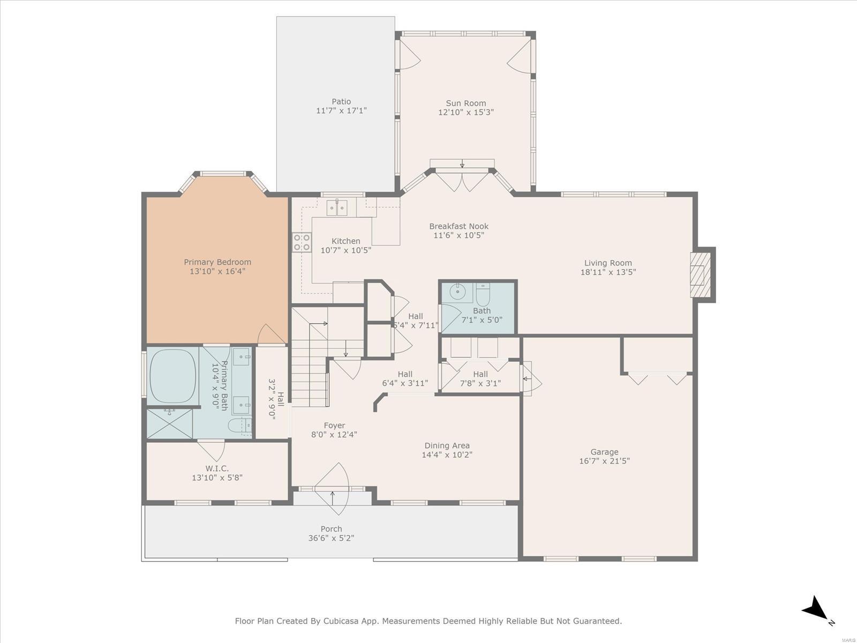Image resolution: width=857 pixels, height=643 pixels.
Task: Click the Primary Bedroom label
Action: [x=217, y=262]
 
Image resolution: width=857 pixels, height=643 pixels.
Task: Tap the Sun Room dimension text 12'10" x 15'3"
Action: [x=466, y=113]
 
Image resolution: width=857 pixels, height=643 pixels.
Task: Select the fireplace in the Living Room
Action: [x=700, y=275]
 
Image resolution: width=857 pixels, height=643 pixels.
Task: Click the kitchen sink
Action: [x=336, y=207]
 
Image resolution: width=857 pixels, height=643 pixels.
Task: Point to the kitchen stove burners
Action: [x=302, y=242]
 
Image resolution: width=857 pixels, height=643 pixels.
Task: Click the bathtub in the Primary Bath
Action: [x=173, y=376]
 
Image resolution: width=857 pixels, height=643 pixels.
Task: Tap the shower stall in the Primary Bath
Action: [x=170, y=423]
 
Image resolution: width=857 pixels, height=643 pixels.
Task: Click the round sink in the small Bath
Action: [x=456, y=291]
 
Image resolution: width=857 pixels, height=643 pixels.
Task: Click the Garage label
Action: [x=604, y=452]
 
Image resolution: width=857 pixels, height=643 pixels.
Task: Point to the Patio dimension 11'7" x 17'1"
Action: [x=341, y=110]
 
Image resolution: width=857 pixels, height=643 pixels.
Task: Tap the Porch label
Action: [x=331, y=529]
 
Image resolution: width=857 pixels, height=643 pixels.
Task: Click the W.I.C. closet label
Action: [x=217, y=468]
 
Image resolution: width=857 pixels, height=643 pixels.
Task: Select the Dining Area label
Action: [x=447, y=445]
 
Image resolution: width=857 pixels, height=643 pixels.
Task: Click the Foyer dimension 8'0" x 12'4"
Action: [x=334, y=434]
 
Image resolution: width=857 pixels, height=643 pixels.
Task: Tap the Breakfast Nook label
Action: [x=458, y=226]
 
